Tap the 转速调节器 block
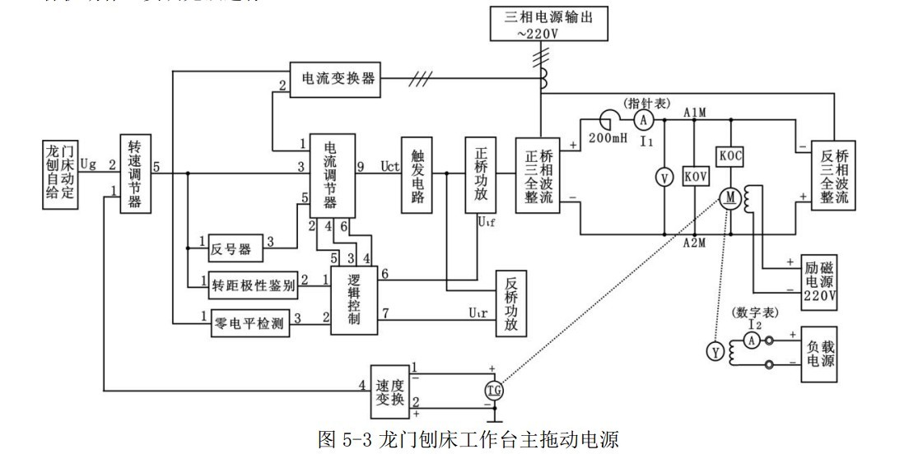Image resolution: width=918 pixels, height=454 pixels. click(x=134, y=174)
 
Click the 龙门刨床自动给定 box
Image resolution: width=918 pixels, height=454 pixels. click(x=63, y=174)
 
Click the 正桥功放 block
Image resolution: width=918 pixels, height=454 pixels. click(x=481, y=175)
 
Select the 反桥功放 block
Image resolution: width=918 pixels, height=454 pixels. click(x=512, y=302)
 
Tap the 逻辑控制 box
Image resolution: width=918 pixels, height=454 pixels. click(x=354, y=299)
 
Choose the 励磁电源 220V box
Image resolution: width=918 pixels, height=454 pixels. click(x=820, y=279)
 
